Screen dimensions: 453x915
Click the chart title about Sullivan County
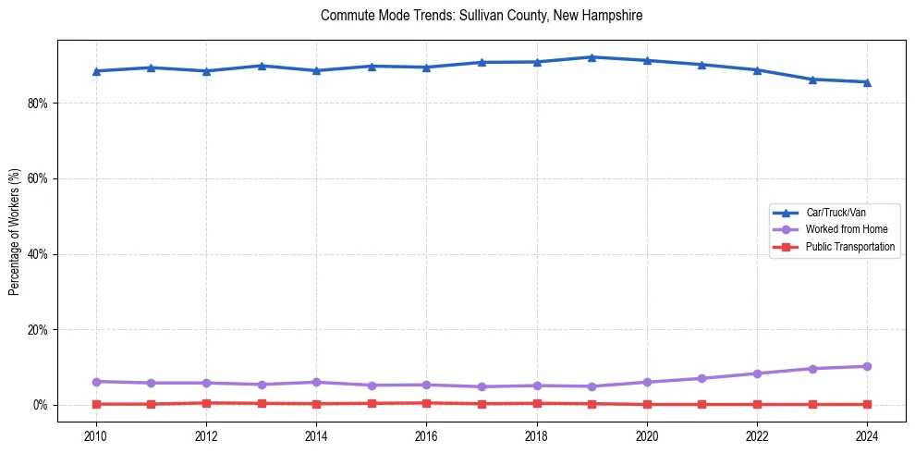coord(482,16)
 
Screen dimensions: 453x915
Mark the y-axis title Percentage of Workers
coord(15,232)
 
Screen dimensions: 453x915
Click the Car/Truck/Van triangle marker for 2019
coord(592,57)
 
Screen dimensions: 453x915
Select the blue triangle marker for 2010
coord(96,71)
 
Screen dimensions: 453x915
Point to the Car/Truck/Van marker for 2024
coord(867,82)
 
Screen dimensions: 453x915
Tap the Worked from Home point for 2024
coord(867,366)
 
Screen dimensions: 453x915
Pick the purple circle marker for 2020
coord(647,382)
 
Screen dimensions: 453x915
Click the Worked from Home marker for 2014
coord(316,382)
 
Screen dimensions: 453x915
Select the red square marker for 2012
coord(206,403)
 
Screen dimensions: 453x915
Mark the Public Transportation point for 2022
coord(757,404)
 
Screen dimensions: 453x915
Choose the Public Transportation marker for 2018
coord(537,403)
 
